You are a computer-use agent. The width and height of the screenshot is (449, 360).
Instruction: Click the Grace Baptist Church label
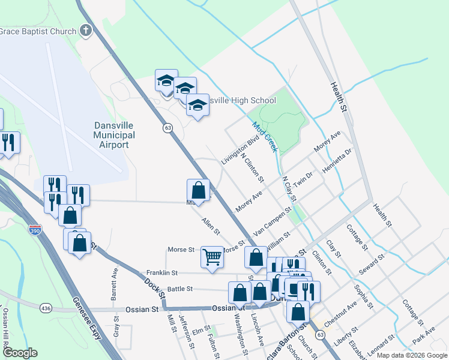(38, 31)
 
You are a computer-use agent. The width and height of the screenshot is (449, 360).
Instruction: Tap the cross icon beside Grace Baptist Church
(86, 31)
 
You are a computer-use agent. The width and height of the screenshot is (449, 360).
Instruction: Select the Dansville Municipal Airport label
(115, 135)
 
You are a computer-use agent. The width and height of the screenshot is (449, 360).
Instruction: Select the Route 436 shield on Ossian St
(46, 308)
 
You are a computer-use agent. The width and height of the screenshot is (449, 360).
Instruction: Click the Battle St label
(179, 289)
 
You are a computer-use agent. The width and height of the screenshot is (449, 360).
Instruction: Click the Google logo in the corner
(19, 353)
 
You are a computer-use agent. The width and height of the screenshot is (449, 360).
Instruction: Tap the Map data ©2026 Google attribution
(412, 355)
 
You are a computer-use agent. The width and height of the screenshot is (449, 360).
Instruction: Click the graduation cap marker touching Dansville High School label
(197, 106)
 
